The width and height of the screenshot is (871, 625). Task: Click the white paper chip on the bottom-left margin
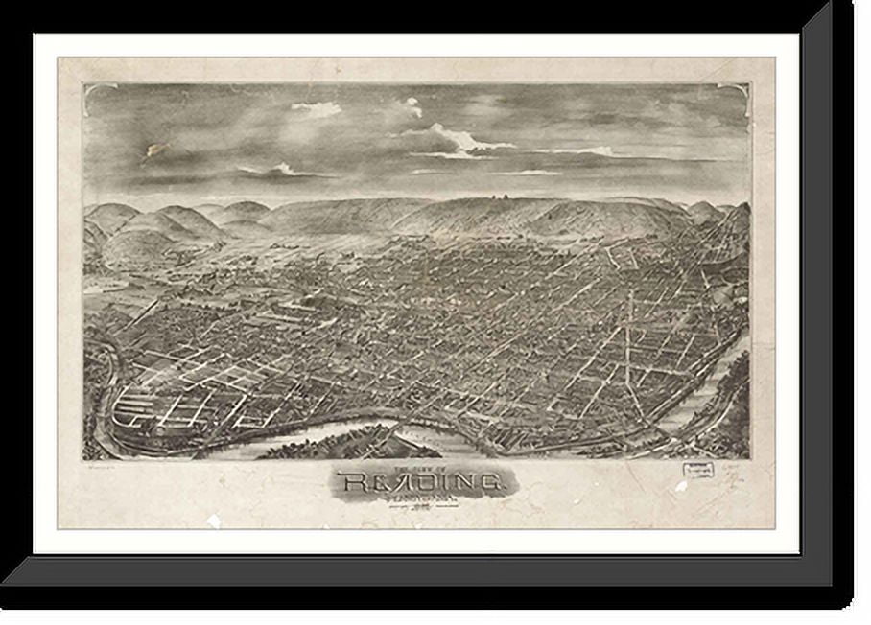tap(213, 521)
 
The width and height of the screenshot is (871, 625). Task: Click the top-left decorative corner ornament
tap(96, 94)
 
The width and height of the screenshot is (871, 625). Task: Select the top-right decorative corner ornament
tap(737, 94)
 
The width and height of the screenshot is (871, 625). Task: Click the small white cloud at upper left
tap(317, 108)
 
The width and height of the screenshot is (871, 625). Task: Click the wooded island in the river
tap(336, 443)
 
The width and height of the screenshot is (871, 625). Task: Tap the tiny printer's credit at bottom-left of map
tap(101, 465)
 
